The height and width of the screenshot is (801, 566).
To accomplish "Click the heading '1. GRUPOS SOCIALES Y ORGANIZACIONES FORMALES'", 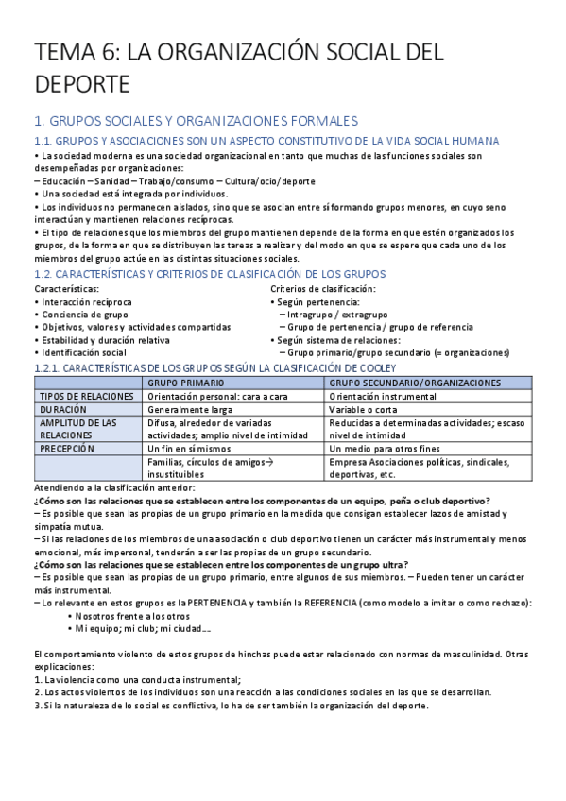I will [x=196, y=121].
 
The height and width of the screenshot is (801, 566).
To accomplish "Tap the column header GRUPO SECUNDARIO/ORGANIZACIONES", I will [x=414, y=383].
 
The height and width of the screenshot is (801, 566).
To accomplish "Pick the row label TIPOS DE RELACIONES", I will [x=77, y=396].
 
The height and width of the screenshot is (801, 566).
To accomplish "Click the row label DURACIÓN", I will [x=63, y=409].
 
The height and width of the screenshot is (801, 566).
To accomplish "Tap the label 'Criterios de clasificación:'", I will [x=322, y=289].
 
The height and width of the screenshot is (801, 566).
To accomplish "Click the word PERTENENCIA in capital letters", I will [x=226, y=602].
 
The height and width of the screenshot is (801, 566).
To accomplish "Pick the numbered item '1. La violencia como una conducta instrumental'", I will [x=138, y=679].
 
